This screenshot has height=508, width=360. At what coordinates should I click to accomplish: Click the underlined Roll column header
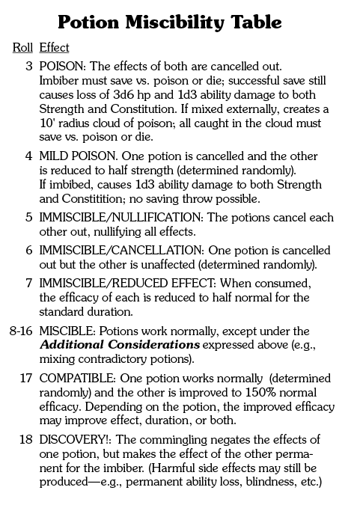pos(22,48)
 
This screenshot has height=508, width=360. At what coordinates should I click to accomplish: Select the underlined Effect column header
pos(54,48)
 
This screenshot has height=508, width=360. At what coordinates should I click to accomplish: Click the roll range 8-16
pos(20,331)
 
